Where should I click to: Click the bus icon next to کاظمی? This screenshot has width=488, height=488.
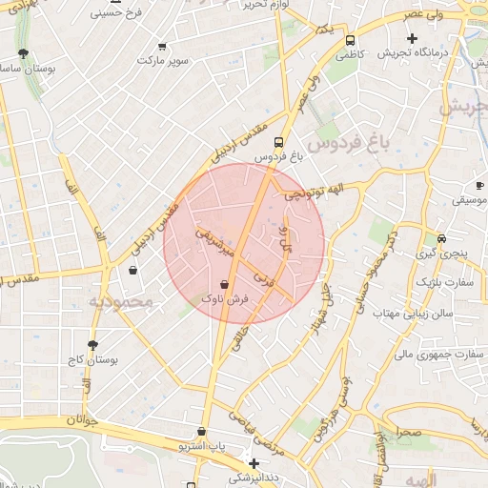tap(351, 41)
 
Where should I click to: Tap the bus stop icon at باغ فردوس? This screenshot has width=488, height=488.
tap(278, 142)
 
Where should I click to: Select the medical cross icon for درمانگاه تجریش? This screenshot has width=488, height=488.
tap(412, 39)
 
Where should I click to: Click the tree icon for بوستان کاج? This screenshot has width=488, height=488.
tap(92, 345)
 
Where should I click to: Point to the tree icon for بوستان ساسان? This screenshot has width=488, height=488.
tap(23, 54)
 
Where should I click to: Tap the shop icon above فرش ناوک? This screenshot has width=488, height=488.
tap(224, 284)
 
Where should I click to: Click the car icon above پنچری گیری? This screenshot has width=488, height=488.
tap(440, 238)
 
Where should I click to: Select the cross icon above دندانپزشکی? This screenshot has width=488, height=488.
tap(254, 462)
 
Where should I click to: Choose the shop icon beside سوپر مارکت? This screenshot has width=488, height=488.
tap(162, 45)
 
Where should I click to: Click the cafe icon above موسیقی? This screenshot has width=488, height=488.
tap(478, 186)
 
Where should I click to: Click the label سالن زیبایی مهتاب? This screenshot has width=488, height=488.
tap(411, 313)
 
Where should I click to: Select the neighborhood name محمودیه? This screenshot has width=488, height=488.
tap(121, 302)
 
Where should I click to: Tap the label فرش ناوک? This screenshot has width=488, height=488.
tap(224, 299)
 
